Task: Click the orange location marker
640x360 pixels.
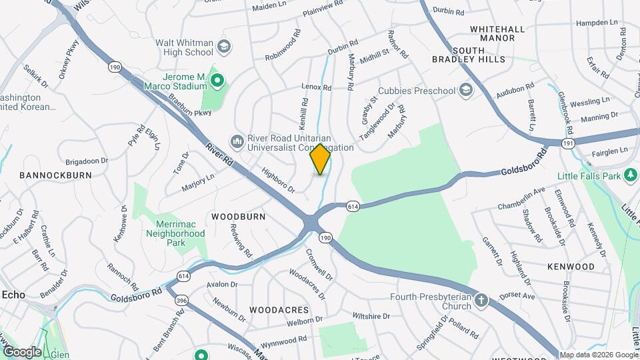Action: (x=321, y=159)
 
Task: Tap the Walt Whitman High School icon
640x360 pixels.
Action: (x=224, y=47)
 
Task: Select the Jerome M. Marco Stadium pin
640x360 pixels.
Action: (x=217, y=81)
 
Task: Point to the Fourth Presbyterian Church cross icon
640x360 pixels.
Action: (x=481, y=301)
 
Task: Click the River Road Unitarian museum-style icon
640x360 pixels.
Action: (x=236, y=141)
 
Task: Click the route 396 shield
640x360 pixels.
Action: (x=181, y=301)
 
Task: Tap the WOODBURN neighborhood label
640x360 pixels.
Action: (x=239, y=217)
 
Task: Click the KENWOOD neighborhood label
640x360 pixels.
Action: (x=571, y=267)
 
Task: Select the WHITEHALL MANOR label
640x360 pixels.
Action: (x=501, y=34)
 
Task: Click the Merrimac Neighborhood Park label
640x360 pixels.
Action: (x=171, y=234)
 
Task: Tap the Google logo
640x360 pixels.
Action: (x=21, y=351)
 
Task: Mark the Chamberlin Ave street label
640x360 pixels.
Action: (x=521, y=198)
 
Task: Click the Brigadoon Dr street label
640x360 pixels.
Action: (x=87, y=161)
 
